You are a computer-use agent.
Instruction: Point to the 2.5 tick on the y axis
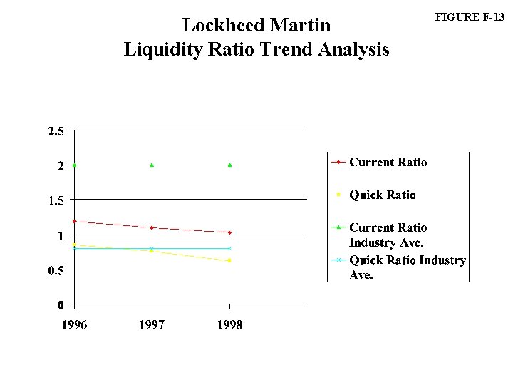tap(56, 131)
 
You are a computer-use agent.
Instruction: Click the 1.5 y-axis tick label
tap(56, 200)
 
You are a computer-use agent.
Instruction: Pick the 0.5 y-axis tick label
tap(56, 270)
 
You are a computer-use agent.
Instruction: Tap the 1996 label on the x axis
tap(74, 324)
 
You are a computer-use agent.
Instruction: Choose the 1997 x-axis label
tap(152, 324)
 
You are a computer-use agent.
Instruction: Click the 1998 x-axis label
tap(229, 324)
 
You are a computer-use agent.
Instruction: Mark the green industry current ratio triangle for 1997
tap(152, 165)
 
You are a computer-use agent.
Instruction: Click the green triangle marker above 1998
tap(229, 165)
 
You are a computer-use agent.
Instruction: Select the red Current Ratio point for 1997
tap(152, 227)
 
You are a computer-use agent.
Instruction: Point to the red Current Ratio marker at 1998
tap(229, 232)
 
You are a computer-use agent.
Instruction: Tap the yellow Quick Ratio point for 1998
tap(229, 260)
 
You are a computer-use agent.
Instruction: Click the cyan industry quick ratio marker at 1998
tap(229, 248)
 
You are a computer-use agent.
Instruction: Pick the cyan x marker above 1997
tap(152, 248)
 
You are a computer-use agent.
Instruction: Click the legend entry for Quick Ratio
tap(382, 195)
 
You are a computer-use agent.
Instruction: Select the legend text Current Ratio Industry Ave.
tap(388, 235)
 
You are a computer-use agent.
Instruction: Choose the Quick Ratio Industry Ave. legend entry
tap(407, 267)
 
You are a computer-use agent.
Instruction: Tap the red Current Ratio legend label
tap(388, 162)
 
